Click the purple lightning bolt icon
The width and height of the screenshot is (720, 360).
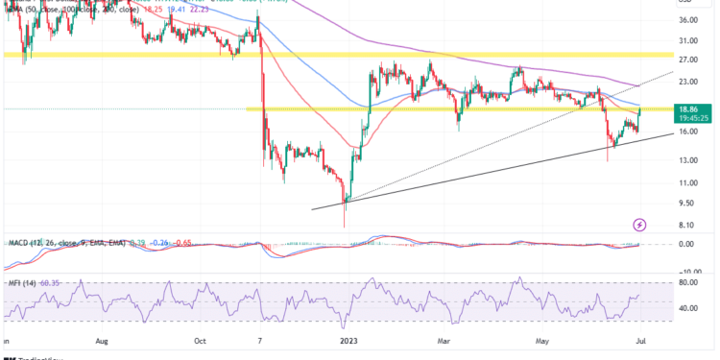pyautogui.click(x=640, y=225)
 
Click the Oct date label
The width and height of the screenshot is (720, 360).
pyautogui.click(x=201, y=340)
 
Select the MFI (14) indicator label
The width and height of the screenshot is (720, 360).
pyautogui.click(x=21, y=282)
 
